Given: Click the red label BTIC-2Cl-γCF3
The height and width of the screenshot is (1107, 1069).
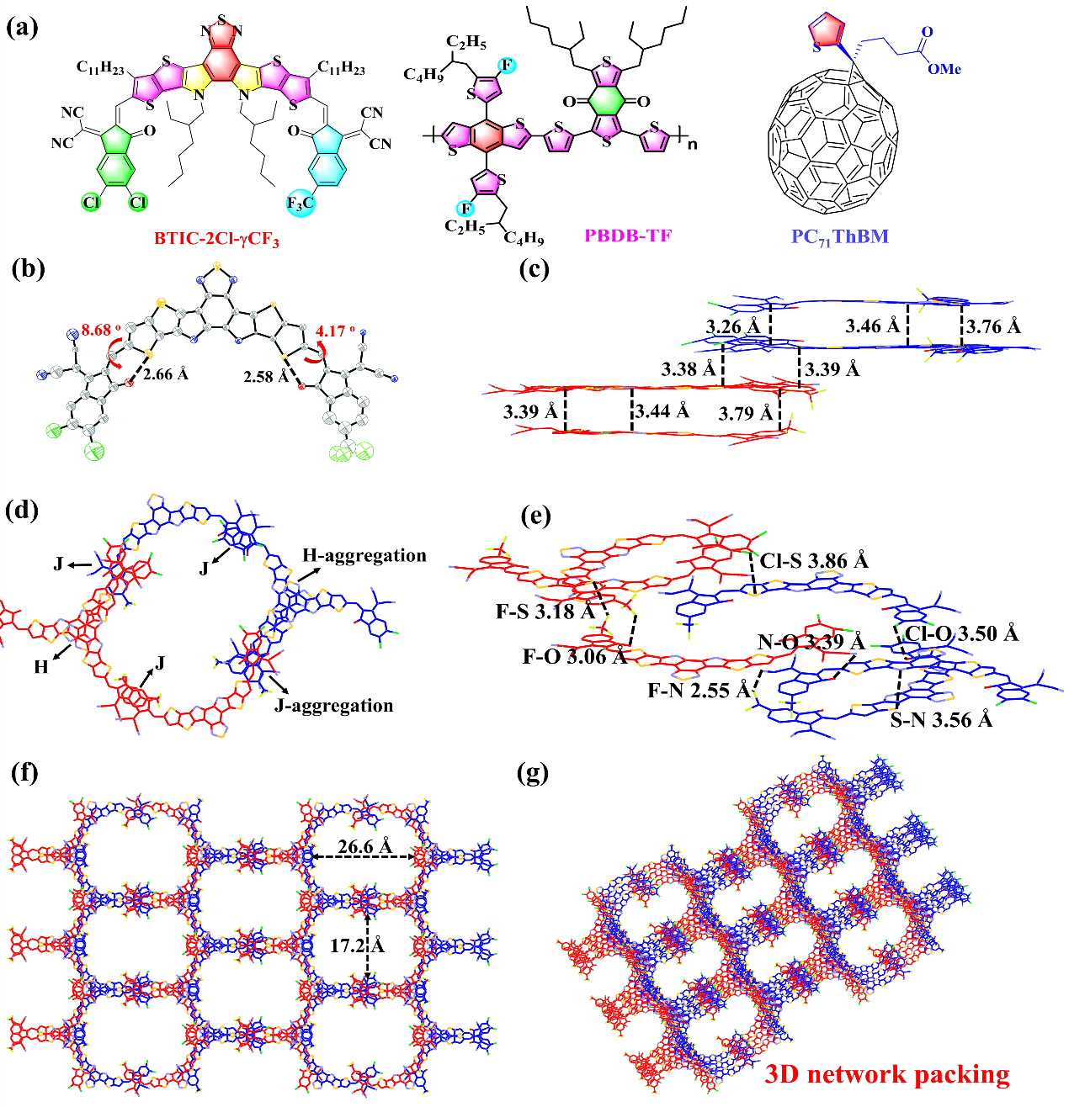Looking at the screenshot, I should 216,239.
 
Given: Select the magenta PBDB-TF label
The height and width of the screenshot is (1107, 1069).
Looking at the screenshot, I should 630,236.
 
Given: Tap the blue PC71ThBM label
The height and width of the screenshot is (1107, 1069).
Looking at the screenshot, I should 839,236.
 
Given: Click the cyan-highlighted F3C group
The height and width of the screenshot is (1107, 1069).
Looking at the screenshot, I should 300,204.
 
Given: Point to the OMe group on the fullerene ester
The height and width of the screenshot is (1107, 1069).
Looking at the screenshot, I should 944,69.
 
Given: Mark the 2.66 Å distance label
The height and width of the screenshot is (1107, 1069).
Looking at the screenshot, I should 166,373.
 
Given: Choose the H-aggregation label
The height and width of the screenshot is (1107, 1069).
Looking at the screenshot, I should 364,556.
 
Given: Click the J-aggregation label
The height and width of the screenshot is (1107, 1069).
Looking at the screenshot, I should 334,706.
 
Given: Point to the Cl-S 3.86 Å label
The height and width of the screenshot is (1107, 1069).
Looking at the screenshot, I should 814,560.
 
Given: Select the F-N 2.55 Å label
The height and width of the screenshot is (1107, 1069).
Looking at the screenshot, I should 699,691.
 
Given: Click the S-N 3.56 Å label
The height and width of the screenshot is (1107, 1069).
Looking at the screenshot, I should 941,720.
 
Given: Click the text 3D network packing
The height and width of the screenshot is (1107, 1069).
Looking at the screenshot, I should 886,1074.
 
